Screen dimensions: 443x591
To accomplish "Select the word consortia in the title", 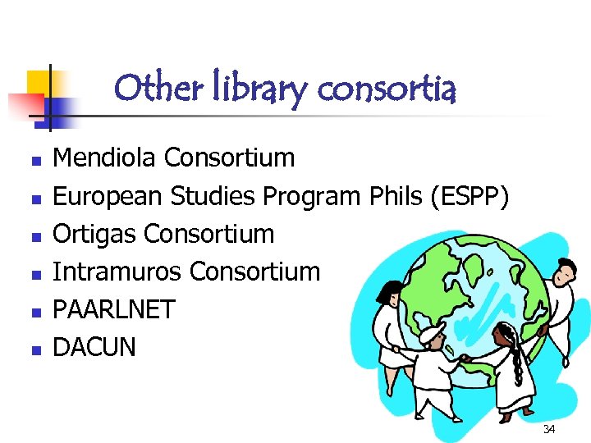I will [x=386, y=89].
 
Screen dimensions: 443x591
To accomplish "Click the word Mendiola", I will [x=106, y=157].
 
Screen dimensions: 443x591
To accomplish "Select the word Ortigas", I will [x=94, y=234].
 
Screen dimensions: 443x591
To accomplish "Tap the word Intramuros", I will [x=114, y=272].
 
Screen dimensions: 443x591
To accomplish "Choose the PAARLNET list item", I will [x=113, y=309].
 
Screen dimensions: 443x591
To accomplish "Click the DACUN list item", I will [x=94, y=347].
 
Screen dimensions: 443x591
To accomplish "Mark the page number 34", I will [x=548, y=430].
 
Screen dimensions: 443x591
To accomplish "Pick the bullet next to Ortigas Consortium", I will [x=34, y=235].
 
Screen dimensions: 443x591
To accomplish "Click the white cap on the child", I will [x=432, y=333].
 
